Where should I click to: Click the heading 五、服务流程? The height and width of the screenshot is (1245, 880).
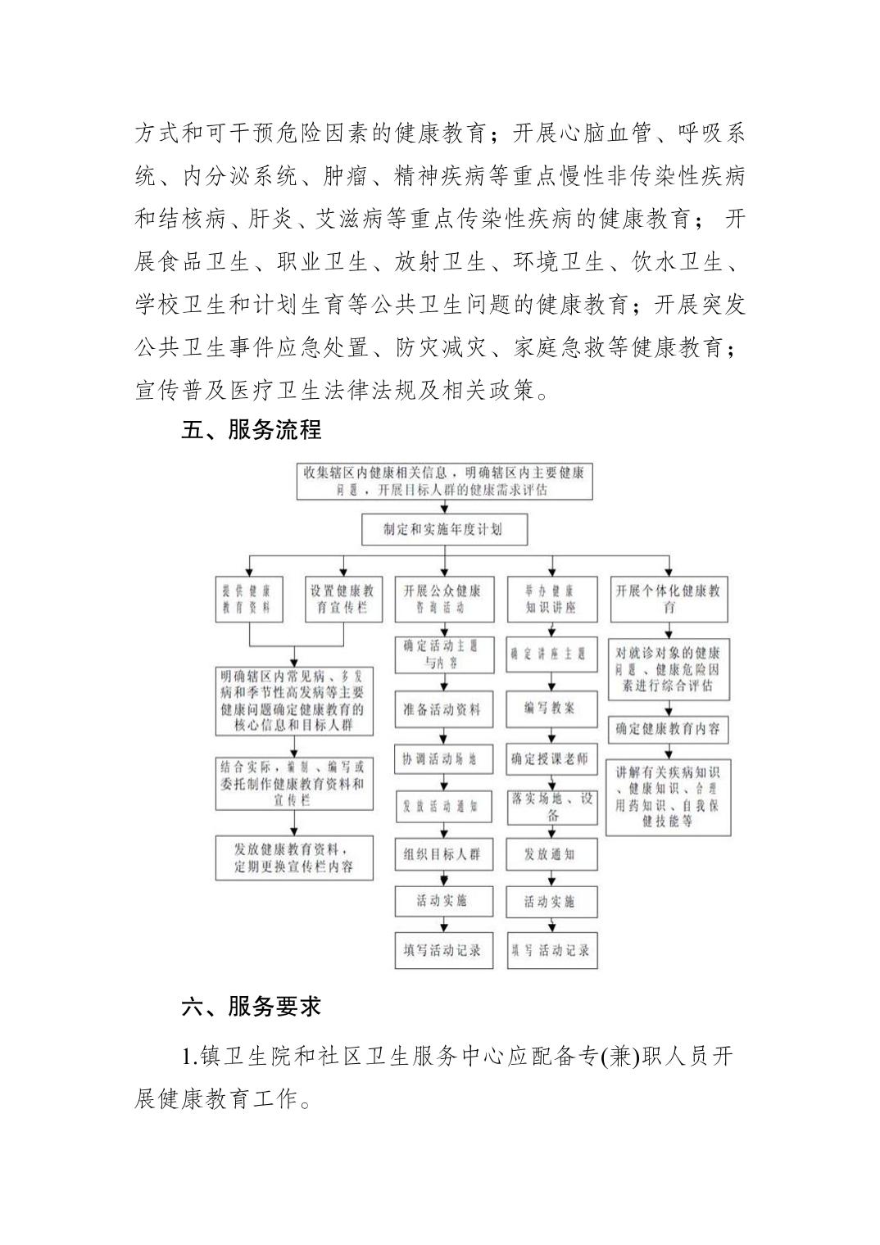(252, 429)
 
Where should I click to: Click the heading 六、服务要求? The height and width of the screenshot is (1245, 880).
(252, 1006)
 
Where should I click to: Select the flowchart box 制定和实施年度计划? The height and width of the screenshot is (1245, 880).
(444, 529)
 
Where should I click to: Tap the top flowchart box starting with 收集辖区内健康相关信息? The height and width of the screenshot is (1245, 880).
(444, 482)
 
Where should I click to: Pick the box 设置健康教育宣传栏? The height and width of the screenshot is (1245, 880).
(342, 599)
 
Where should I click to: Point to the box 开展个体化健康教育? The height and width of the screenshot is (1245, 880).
(669, 599)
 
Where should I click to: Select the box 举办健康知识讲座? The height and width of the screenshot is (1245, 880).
(551, 599)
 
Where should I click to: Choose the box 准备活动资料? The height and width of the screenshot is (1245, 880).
(442, 709)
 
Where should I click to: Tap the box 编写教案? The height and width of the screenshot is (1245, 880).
(551, 708)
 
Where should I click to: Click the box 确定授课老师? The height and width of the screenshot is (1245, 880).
(551, 758)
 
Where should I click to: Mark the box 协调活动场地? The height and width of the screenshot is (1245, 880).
(442, 758)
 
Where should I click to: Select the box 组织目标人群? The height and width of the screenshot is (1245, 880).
(442, 854)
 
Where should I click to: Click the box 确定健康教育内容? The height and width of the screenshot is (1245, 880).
(669, 728)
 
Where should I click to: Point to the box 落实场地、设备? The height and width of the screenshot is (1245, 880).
(551, 806)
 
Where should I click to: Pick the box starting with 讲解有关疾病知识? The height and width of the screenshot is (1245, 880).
(669, 796)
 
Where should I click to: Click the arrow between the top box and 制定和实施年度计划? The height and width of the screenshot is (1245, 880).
(444, 508)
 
